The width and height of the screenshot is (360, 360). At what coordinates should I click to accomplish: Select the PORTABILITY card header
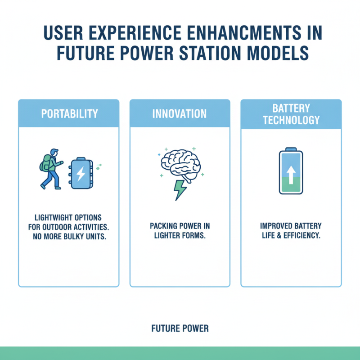pyautogui.click(x=69, y=113)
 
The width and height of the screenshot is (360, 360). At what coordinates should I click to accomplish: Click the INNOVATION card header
pyautogui.click(x=180, y=113)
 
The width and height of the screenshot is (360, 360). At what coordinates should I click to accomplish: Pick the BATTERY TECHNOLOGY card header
pyautogui.click(x=291, y=114)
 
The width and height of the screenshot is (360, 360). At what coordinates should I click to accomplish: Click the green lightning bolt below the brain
pyautogui.click(x=180, y=189)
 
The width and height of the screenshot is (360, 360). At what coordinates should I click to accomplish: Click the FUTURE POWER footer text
pyautogui.click(x=180, y=328)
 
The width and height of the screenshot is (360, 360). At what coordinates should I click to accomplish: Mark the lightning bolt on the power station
pyautogui.click(x=81, y=174)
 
